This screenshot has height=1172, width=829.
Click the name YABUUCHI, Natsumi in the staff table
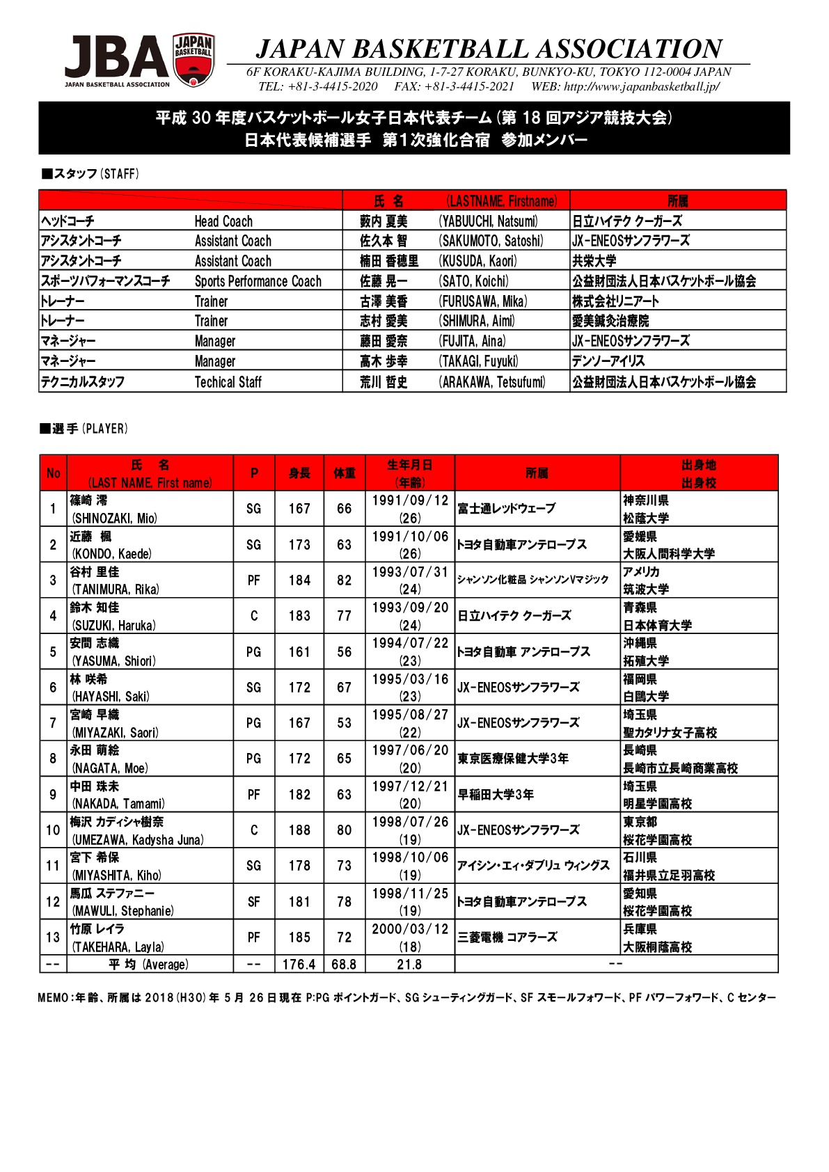tap(489, 221)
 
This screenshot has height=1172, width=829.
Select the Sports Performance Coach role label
tap(258, 281)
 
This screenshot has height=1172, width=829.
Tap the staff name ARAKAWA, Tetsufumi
tap(492, 381)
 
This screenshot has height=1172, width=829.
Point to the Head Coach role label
tap(223, 221)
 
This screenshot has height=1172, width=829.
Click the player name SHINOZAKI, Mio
tap(115, 518)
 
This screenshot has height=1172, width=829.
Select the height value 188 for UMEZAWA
tap(299, 830)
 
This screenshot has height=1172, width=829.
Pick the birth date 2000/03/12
tap(410, 929)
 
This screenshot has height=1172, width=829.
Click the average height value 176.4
tap(299, 965)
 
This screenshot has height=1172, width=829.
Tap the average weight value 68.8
tap(344, 965)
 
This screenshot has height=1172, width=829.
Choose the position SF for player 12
tap(254, 902)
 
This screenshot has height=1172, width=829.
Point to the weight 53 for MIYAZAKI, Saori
tap(344, 723)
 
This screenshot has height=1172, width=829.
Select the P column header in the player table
tap(254, 473)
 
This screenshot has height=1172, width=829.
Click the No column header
tap(53, 473)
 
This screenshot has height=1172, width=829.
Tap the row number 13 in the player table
tap(53, 937)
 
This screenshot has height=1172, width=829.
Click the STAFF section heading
tap(90, 174)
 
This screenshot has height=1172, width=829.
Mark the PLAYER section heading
tap(84, 429)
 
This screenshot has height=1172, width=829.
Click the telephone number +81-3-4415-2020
tap(317, 86)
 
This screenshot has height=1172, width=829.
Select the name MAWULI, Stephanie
tap(123, 911)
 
